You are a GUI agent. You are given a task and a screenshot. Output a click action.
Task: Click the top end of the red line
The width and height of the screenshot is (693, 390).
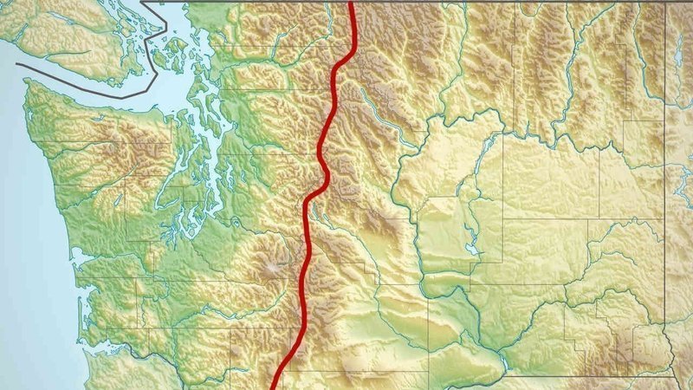tap(352, 3)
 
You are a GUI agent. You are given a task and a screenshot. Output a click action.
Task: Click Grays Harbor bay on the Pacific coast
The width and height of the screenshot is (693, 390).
tap(82, 256)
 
